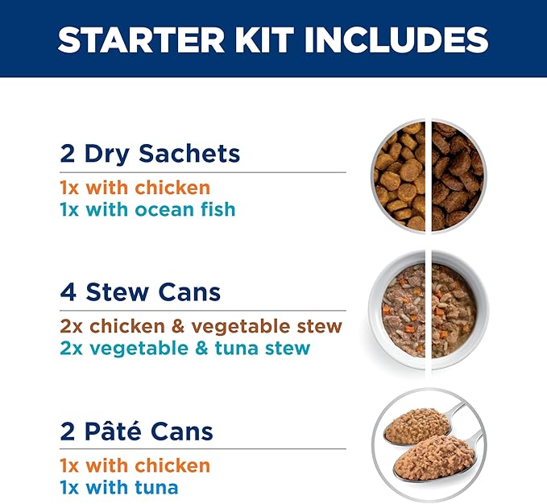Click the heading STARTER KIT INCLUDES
(x=273, y=39)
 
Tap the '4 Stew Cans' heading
(x=140, y=291)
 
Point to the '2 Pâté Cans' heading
(x=137, y=431)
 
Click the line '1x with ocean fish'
(x=147, y=209)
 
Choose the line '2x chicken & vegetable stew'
(x=201, y=327)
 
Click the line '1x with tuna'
(x=119, y=487)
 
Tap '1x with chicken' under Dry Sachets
(x=135, y=188)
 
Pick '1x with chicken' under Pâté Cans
(x=135, y=466)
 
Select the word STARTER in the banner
(x=139, y=39)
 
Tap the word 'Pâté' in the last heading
(x=112, y=431)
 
